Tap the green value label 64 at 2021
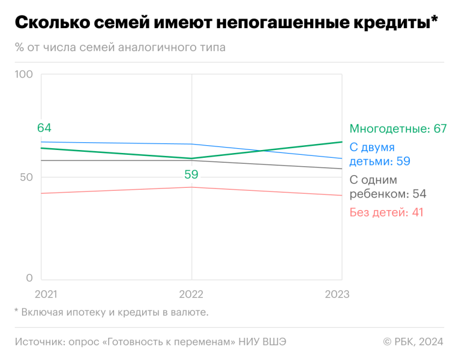point(44,128)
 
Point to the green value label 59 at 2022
point(191,175)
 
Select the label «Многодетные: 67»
point(398,129)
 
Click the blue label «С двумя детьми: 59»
point(379,154)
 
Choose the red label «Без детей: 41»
point(386,212)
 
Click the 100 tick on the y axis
point(23,74)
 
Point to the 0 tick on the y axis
point(29,278)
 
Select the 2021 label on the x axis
point(47,295)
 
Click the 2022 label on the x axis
point(191,295)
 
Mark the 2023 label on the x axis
point(337,295)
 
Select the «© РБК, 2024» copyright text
point(413,341)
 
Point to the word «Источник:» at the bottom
point(37,341)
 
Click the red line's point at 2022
point(191,187)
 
